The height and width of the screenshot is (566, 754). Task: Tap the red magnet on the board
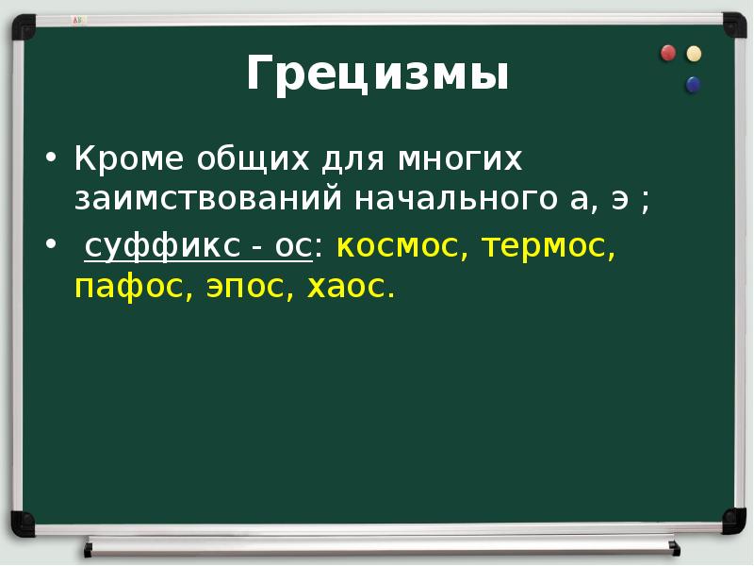tap(668, 53)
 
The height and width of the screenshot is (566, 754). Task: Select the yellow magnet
tap(695, 54)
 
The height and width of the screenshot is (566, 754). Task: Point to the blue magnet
tap(694, 85)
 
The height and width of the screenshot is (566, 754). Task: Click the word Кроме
tap(130, 159)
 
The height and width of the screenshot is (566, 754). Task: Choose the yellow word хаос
tap(351, 286)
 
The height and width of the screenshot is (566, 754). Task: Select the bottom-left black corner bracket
tap(22, 522)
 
